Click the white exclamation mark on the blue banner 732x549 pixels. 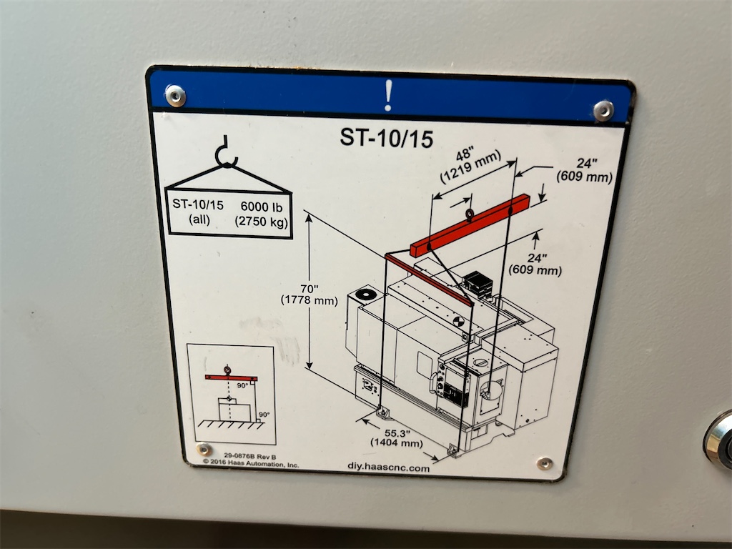click(388, 95)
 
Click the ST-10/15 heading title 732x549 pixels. click(387, 138)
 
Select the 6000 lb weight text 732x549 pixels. click(262, 207)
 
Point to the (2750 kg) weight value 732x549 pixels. click(262, 222)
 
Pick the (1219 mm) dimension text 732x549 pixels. click(470, 166)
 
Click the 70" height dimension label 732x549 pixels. click(308, 289)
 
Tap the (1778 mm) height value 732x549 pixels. click(309, 300)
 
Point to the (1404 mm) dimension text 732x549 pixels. click(396, 442)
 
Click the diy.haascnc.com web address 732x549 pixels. click(388, 468)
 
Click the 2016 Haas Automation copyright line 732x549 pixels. click(251, 463)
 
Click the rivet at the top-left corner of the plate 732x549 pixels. click(176, 96)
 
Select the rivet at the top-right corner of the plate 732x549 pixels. click(603, 111)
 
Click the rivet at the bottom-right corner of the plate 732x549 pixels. click(544, 463)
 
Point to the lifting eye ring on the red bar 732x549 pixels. click(470, 214)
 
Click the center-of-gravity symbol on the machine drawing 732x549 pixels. click(459, 322)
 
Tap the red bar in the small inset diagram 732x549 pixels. click(231, 377)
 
